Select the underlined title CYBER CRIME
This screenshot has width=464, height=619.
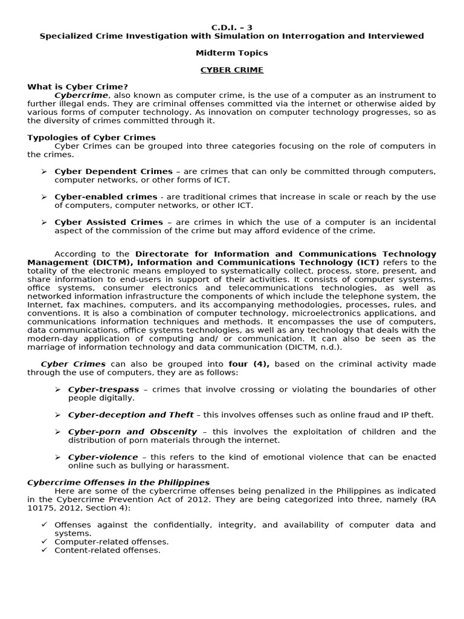tap(231, 70)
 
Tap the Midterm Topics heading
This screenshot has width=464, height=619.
tap(231, 53)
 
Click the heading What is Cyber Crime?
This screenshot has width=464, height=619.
tap(77, 87)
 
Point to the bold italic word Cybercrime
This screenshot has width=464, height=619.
tap(82, 96)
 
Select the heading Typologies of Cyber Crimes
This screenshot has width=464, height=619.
tap(91, 138)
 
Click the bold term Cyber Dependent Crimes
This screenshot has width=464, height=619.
tap(114, 172)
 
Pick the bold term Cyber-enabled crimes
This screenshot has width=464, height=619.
tap(106, 197)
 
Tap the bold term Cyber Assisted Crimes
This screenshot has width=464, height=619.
tap(109, 222)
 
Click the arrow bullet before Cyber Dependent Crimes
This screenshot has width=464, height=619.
tap(44, 172)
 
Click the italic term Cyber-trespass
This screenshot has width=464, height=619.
tap(103, 389)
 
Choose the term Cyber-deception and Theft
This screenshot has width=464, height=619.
tap(130, 415)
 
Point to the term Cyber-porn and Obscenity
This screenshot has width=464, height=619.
tap(132, 432)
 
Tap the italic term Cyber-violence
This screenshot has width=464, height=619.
tap(103, 457)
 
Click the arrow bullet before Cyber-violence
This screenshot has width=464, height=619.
tap(58, 457)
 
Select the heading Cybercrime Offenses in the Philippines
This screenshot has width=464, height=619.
tap(118, 482)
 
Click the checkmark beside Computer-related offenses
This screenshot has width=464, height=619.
tap(44, 542)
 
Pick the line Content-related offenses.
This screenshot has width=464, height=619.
tap(108, 550)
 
